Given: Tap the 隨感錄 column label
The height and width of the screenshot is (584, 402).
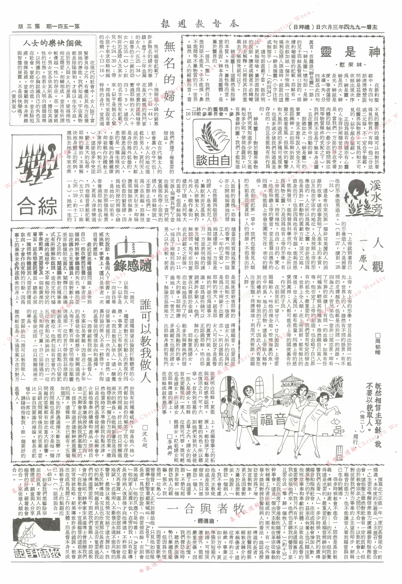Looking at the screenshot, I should (133, 266).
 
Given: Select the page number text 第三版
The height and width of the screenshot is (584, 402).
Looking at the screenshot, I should (29, 26).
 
